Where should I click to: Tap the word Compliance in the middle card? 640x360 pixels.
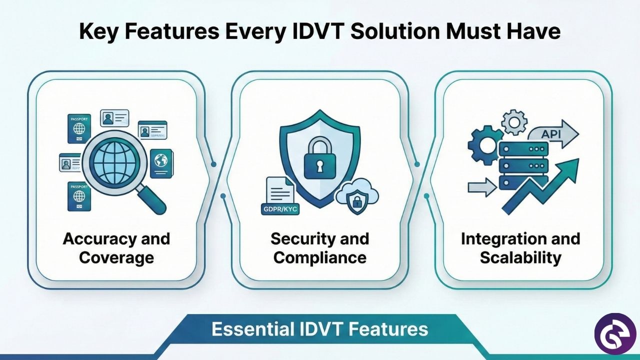(320, 257)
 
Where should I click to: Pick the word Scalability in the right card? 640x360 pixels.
(520, 257)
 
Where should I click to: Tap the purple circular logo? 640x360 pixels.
(614, 334)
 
